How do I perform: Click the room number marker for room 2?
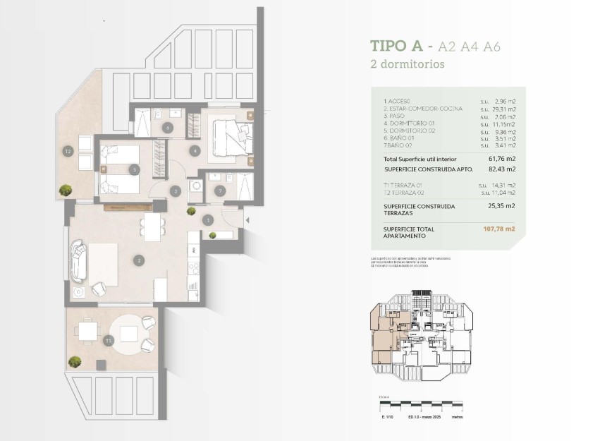point(140,260)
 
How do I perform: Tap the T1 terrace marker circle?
point(108,341)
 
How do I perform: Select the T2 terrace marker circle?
point(68,151)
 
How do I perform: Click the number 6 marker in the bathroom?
point(167,128)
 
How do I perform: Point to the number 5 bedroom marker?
point(133,169)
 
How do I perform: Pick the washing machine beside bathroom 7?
point(195,187)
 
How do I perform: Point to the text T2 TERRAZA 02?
point(407,192)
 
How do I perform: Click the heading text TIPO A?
point(396,47)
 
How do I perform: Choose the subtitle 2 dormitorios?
point(407,64)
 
